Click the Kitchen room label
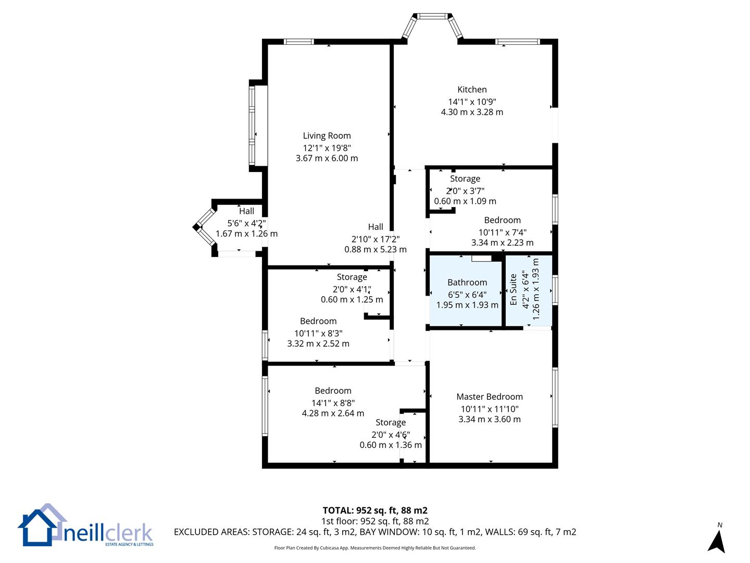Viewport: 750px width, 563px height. [x=472, y=90]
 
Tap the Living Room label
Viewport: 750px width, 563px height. [x=327, y=136]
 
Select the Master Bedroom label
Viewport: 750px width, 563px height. [x=490, y=397]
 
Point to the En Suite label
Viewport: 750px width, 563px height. [x=513, y=289]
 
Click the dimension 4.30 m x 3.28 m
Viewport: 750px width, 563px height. [x=472, y=112]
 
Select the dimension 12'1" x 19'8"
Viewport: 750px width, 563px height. [x=327, y=148]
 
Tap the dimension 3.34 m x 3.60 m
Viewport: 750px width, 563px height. [x=490, y=419]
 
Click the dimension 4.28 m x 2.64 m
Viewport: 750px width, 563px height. [x=333, y=413]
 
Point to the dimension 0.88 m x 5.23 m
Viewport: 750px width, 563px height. [x=376, y=249]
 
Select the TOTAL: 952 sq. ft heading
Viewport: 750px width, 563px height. [x=375, y=510]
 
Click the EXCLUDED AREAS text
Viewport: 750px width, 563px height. [x=375, y=532]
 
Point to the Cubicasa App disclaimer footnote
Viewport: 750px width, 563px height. [x=375, y=548]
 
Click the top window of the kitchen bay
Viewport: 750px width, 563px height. [x=433, y=16]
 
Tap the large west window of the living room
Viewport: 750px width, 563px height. [x=252, y=126]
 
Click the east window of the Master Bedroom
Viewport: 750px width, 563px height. [x=555, y=397]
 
